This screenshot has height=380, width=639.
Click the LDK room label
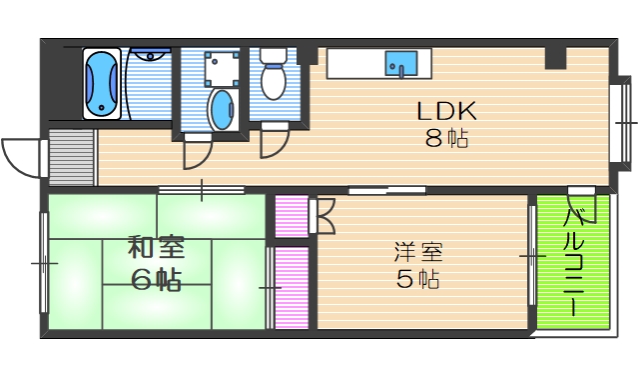[x=445, y=111]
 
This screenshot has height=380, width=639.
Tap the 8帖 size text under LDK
[x=445, y=140]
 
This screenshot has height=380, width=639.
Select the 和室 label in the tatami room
[x=157, y=247]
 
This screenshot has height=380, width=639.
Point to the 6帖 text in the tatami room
[x=157, y=279]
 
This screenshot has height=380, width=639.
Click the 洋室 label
[x=417, y=251]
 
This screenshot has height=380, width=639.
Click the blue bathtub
[x=101, y=84]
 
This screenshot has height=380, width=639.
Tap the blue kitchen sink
[x=402, y=63]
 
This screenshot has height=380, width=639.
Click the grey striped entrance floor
[x=69, y=157]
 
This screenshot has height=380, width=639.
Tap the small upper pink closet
[x=292, y=216]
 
